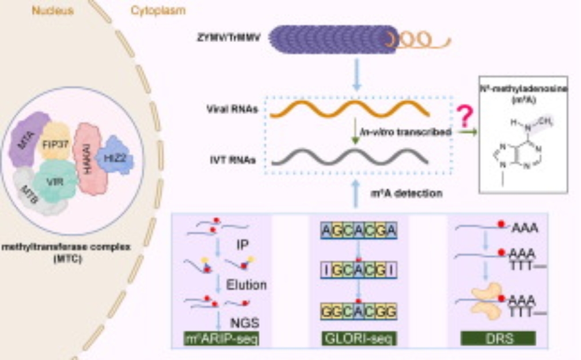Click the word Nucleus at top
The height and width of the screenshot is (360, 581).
tap(52, 10)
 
